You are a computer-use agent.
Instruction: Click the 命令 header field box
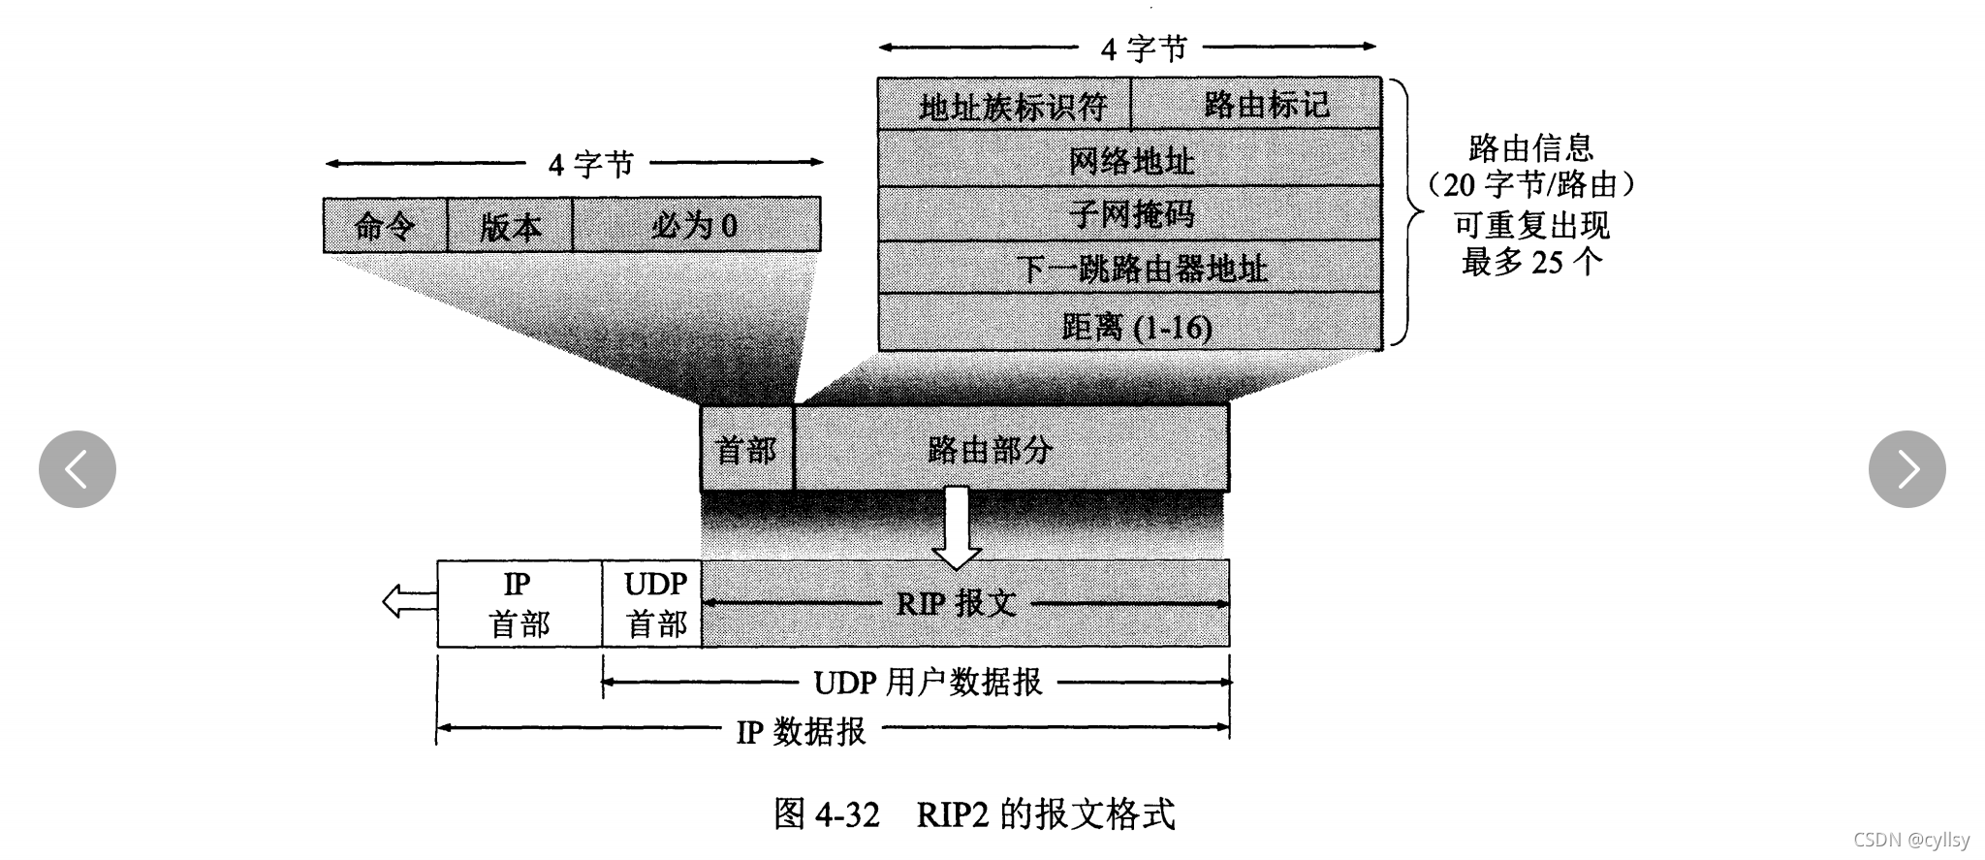pos(385,226)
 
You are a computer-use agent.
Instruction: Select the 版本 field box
pos(510,226)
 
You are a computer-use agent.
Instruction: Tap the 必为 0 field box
pos(695,226)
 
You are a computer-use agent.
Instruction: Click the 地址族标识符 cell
pos(1005,105)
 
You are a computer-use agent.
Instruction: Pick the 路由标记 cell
pos(1257,105)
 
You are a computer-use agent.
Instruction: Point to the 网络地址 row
pos(1130,160)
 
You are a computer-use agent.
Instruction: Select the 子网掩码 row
pos(1130,213)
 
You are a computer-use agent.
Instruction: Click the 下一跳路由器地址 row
pos(1130,268)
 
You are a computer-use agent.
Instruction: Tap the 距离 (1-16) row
pos(1130,326)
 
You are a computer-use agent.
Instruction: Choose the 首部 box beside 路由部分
pos(746,449)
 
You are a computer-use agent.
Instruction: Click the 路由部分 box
pos(1010,449)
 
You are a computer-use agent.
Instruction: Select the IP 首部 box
pos(520,603)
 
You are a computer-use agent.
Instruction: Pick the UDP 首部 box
pos(652,603)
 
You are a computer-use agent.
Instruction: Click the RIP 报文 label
pos(956,603)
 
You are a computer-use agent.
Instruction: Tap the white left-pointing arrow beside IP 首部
pos(408,601)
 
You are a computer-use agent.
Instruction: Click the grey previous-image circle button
pos(78,469)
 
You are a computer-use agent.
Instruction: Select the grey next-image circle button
pos(1906,469)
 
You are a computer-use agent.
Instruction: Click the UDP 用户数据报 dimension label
pos(927,683)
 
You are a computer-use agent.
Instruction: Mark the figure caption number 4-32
pos(847,814)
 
